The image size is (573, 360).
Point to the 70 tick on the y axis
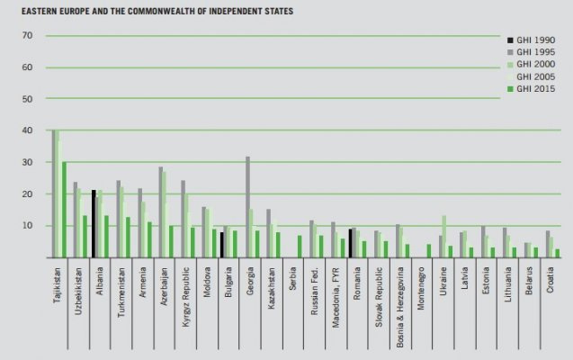(27, 36)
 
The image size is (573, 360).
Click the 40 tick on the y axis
(27, 130)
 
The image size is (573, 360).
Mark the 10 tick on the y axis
(27, 226)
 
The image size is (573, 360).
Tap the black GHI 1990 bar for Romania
(350, 243)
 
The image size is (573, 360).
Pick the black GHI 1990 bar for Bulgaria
(222, 245)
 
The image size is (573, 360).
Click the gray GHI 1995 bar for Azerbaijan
(161, 211)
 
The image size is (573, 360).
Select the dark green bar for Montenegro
(429, 250)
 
